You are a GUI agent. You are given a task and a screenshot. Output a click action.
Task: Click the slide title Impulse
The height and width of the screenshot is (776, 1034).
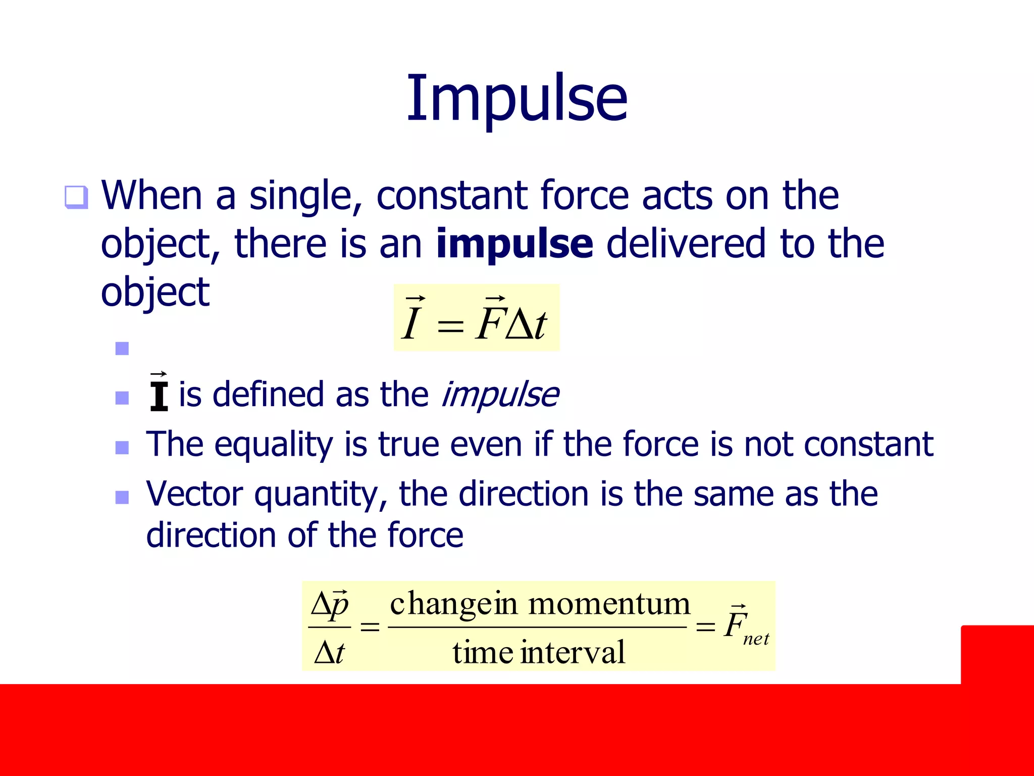pyautogui.click(x=517, y=99)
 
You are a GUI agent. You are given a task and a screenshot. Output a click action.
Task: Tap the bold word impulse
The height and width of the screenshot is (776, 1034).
pyautogui.click(x=514, y=244)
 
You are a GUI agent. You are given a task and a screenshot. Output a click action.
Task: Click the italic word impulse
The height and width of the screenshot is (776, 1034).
pyautogui.click(x=500, y=395)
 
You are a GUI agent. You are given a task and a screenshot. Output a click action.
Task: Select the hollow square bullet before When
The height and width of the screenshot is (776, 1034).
pyautogui.click(x=77, y=197)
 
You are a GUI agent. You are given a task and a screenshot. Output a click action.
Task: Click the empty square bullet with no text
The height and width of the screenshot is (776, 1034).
pyautogui.click(x=122, y=349)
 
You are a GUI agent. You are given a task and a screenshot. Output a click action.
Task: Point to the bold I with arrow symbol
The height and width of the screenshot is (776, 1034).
pyautogui.click(x=159, y=393)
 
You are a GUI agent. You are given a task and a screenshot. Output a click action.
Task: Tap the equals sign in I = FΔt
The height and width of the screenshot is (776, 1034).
pyautogui.click(x=450, y=325)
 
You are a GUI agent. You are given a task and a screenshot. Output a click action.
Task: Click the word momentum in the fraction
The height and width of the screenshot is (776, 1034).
pyautogui.click(x=609, y=604)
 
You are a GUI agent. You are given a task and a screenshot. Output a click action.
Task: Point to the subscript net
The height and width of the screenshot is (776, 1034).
pyautogui.click(x=756, y=640)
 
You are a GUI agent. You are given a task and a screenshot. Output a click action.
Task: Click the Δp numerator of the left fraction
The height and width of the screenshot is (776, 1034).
pyautogui.click(x=330, y=604)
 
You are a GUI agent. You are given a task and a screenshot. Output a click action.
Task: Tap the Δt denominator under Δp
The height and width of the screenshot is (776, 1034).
pyautogui.click(x=329, y=652)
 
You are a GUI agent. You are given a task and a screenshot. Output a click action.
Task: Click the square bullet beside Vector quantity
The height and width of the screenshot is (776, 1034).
pyautogui.click(x=122, y=498)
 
